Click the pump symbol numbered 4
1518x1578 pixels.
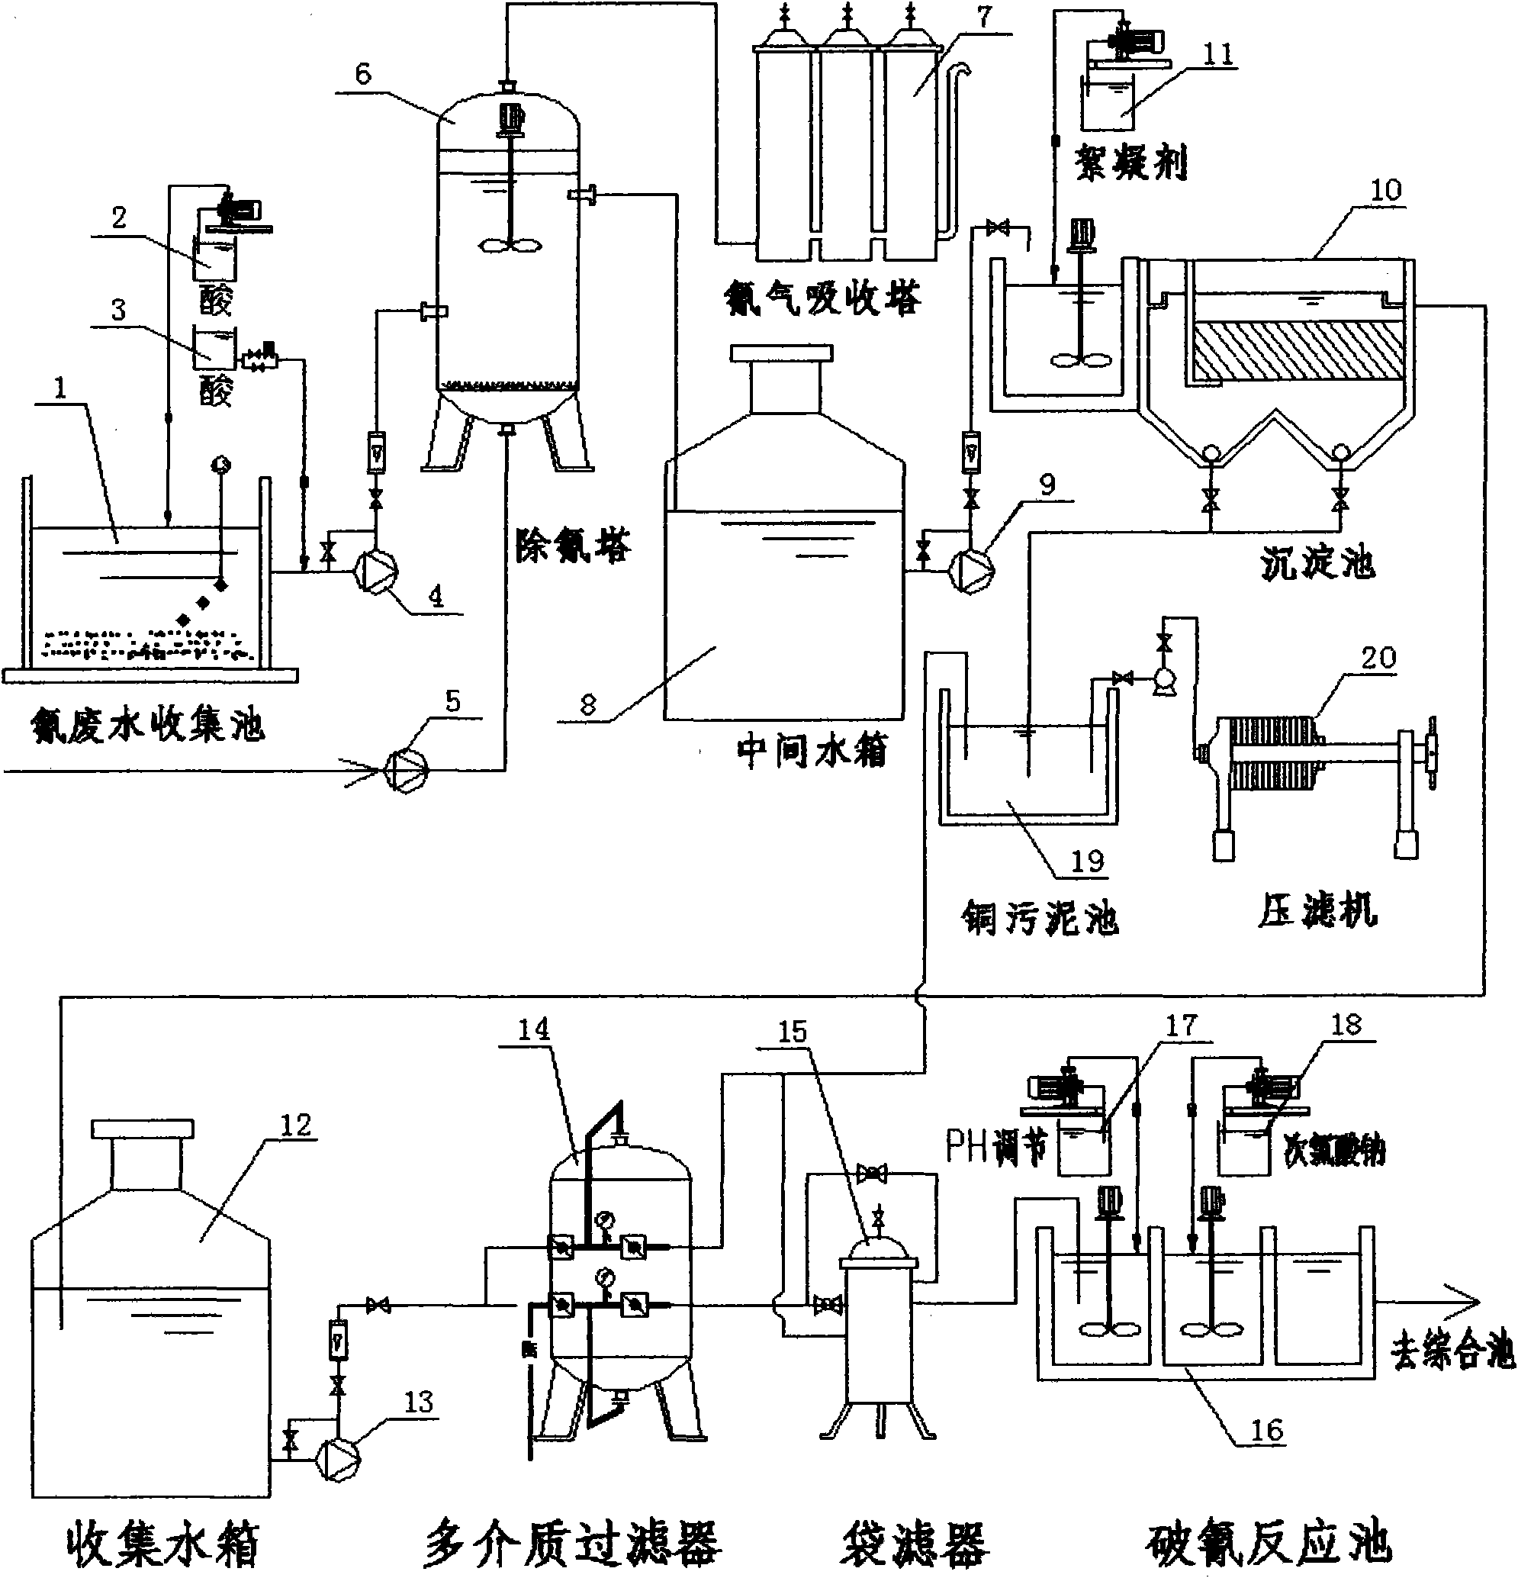[x=377, y=572]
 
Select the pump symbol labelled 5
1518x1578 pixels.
[x=407, y=771]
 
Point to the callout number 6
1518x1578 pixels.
[x=363, y=74]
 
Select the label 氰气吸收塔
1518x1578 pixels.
[x=822, y=298]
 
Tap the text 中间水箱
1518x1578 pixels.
[x=812, y=752]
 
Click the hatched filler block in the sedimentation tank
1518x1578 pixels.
[x=1298, y=351]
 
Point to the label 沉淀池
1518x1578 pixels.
[x=1317, y=563]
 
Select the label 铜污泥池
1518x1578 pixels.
[x=1040, y=918]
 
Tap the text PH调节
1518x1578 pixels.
[x=996, y=1146]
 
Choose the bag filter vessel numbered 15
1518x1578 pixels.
[x=878, y=1336]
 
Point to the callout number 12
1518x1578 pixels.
[x=295, y=1125]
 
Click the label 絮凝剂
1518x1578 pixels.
[x=1130, y=164]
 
